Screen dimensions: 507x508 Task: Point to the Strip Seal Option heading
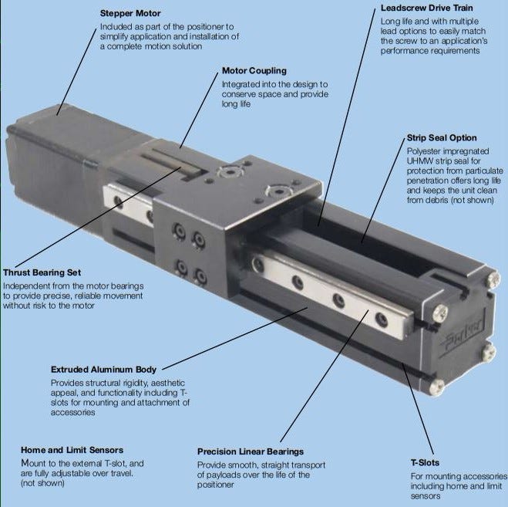442,138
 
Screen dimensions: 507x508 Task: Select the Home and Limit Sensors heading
72,450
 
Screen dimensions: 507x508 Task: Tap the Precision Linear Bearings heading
251,451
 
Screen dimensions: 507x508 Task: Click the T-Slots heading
426,461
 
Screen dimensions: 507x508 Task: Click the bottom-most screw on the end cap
441,386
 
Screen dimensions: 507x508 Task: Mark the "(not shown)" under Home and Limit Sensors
43,484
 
